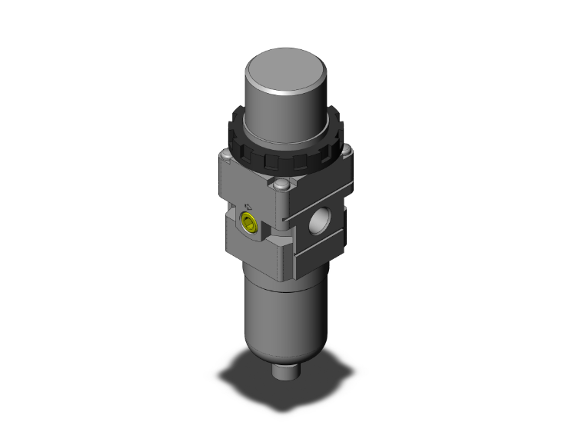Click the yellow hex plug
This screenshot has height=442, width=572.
tap(248, 223)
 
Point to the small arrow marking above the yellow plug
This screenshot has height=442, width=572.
tap(248, 205)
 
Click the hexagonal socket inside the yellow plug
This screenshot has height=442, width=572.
tap(248, 224)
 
